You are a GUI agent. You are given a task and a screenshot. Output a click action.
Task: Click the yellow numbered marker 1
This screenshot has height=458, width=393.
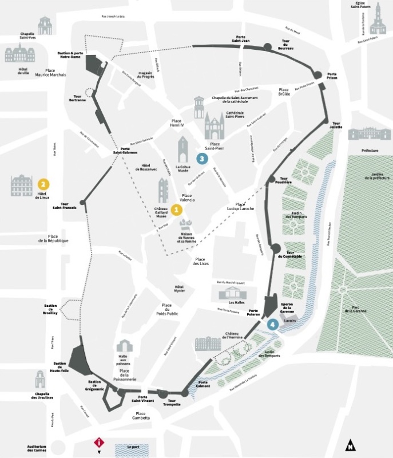[176, 210]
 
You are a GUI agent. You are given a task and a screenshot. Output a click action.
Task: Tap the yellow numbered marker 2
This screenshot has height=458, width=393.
[43, 184]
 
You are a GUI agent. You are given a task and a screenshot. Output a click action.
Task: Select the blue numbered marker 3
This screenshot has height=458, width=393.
[201, 159]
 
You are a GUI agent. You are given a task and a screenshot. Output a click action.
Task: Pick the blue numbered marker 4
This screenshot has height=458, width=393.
[273, 324]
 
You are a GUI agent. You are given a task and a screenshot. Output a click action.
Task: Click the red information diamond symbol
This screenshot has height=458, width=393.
[100, 442]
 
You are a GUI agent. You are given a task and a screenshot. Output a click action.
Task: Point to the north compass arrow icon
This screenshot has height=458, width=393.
[349, 444]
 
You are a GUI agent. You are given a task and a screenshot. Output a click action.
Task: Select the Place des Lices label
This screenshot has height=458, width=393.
[200, 262]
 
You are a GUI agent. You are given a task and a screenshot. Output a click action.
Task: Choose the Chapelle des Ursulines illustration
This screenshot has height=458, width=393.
[40, 379]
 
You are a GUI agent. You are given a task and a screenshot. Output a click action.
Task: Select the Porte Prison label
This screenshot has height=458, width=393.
[332, 77]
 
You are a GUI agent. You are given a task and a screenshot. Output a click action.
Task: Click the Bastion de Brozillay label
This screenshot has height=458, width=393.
[51, 310]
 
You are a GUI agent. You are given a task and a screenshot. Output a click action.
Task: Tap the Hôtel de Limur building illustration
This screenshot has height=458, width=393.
[22, 185]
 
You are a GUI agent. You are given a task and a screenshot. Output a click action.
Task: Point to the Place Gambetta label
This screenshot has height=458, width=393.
[141, 416]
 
